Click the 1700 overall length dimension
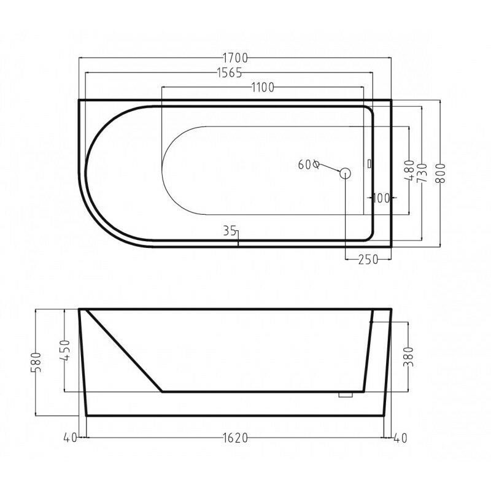click(235, 58)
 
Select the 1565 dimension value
click(230, 72)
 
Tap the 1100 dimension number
click(263, 88)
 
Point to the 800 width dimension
click(441, 174)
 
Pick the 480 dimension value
click(409, 171)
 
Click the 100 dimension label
click(381, 198)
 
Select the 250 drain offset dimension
click(368, 259)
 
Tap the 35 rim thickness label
click(230, 231)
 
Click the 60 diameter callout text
click(309, 164)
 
